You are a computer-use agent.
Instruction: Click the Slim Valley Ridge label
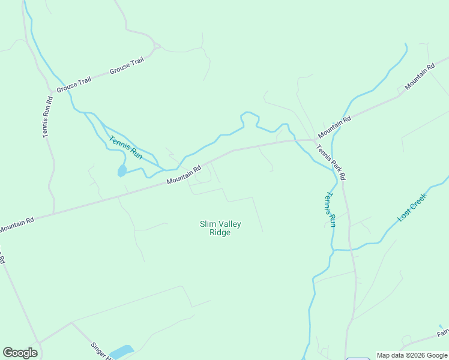(220, 228)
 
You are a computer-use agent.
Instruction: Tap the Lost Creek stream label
(412, 207)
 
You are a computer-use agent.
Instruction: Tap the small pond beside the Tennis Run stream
(122, 171)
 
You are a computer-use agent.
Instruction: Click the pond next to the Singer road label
(122, 351)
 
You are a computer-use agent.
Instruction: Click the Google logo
(20, 353)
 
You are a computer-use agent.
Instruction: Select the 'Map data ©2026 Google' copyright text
(412, 355)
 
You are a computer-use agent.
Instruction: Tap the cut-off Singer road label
(101, 350)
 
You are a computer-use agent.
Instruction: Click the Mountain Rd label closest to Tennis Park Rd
(334, 126)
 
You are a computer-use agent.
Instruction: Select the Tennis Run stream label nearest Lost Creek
(330, 209)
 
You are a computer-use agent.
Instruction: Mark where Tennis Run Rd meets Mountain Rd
(54, 212)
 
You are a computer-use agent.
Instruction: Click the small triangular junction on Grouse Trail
(156, 46)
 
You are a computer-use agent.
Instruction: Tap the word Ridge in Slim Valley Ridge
(220, 233)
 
